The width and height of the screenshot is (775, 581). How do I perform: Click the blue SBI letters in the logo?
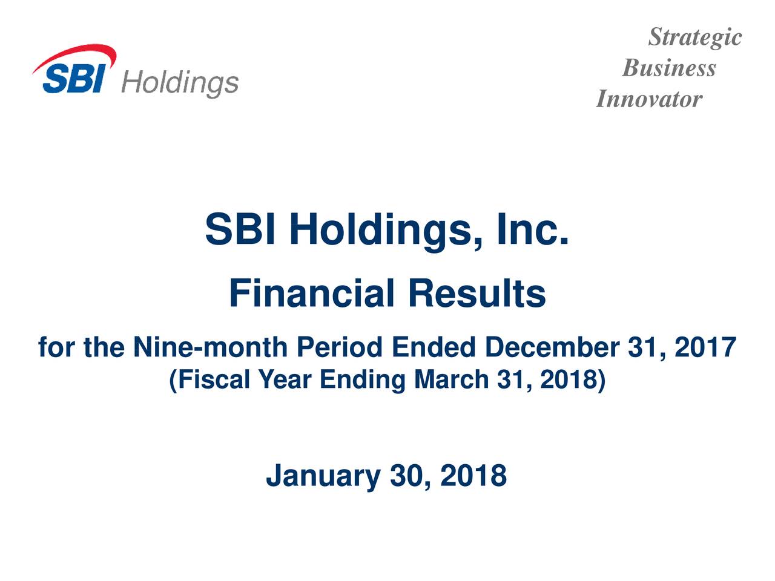tap(74, 78)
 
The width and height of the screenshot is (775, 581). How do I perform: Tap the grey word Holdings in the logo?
tap(180, 84)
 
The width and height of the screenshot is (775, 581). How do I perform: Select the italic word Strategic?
tap(695, 38)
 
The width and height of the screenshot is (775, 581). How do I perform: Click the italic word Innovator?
tap(649, 99)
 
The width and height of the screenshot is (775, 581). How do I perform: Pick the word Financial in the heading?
tap(311, 294)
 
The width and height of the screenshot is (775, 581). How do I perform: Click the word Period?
tap(340, 347)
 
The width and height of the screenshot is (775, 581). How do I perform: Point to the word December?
tap(552, 347)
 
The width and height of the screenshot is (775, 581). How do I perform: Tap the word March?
tap(452, 379)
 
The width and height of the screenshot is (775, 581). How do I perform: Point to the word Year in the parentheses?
tap(285, 379)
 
